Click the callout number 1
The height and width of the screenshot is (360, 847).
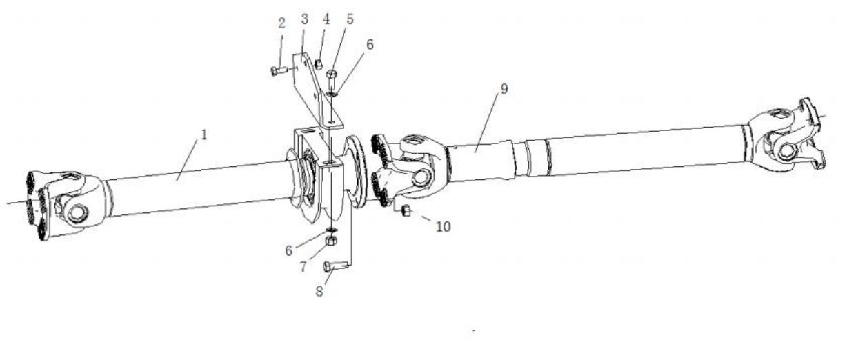pyautogui.click(x=204, y=135)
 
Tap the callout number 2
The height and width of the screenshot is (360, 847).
pyautogui.click(x=281, y=23)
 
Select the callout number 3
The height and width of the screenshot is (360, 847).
pyautogui.click(x=305, y=19)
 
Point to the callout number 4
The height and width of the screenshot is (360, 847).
pyautogui.click(x=326, y=19)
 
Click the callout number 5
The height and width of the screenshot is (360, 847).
pyautogui.click(x=350, y=19)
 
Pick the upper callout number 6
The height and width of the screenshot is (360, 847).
pyautogui.click(x=370, y=44)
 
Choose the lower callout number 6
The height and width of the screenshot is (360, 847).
pyautogui.click(x=288, y=250)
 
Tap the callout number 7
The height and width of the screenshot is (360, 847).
pyautogui.click(x=303, y=267)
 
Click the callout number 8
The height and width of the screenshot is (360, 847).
pyautogui.click(x=504, y=89)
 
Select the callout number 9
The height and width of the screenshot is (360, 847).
pyautogui.click(x=444, y=226)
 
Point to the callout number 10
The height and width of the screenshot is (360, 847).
pyautogui.click(x=279, y=70)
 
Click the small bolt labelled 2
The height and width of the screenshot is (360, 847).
pyautogui.click(x=319, y=64)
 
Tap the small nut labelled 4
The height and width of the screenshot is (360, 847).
pyautogui.click(x=331, y=74)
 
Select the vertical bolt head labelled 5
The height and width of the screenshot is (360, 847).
pyautogui.click(x=332, y=240)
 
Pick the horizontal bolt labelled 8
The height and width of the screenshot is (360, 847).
pyautogui.click(x=406, y=210)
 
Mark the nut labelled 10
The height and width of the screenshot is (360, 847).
pyautogui.click(x=332, y=230)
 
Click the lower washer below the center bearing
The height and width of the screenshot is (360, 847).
pyautogui.click(x=332, y=92)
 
